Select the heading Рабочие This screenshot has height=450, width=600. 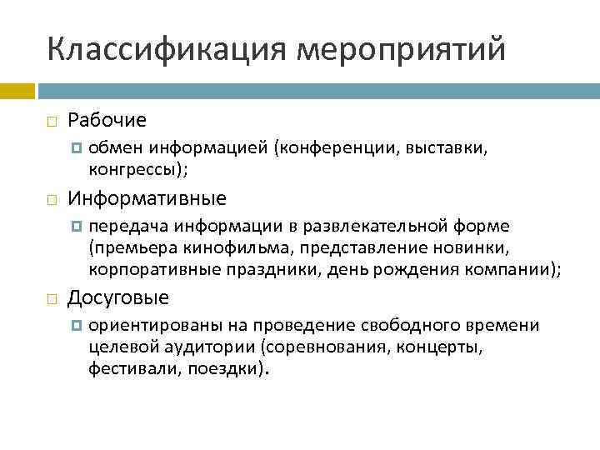pyautogui.click(x=107, y=121)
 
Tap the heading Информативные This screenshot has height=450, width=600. pyautogui.click(x=147, y=199)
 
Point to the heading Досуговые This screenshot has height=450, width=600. pyautogui.click(x=118, y=297)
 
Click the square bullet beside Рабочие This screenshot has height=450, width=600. pyautogui.click(x=52, y=122)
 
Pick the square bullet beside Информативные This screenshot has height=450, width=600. pyautogui.click(x=52, y=200)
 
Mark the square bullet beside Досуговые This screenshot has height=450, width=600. pyautogui.click(x=52, y=298)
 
